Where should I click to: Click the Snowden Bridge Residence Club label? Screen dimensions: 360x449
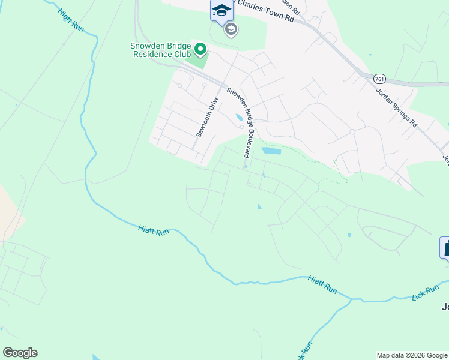(x=160, y=49)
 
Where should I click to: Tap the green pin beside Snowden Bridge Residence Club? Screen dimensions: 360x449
(x=200, y=49)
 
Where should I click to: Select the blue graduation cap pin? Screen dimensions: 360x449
(x=221, y=10)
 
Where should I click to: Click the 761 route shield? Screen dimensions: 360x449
(x=379, y=79)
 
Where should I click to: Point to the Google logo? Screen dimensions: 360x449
(x=20, y=353)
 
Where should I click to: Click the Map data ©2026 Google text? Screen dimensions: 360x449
(x=412, y=355)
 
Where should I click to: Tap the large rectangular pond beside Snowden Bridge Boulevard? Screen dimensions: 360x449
(x=271, y=151)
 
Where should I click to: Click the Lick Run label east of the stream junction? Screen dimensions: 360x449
(x=426, y=293)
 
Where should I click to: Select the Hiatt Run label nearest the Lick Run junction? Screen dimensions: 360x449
(x=322, y=283)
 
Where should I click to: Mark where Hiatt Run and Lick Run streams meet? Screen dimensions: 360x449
(x=352, y=299)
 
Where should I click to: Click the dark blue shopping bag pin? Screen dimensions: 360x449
(x=445, y=247)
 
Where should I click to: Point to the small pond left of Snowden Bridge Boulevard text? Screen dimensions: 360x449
(x=239, y=118)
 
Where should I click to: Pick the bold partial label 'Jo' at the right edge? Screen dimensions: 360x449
(x=445, y=307)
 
